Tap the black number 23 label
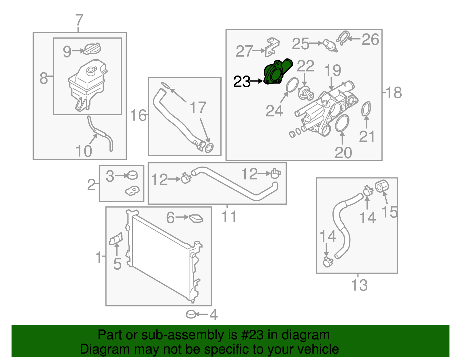[x=241, y=82]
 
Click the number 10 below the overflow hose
[x=84, y=151]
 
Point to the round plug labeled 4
[x=191, y=314]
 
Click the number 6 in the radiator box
[x=171, y=218]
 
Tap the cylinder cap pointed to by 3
[x=133, y=175]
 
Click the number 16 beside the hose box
[x=138, y=115]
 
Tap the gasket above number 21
[x=366, y=109]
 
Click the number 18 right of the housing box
[x=394, y=93]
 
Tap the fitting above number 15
[x=382, y=186]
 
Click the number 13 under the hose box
[x=359, y=285]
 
